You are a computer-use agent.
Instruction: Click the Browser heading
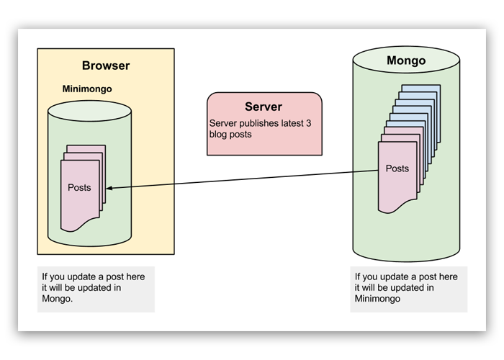click(106, 66)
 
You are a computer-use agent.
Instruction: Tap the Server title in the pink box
click(263, 107)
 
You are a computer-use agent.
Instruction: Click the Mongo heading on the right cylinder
click(406, 60)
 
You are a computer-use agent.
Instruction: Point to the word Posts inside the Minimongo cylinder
click(79, 187)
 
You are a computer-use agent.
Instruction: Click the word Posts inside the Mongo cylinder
click(397, 168)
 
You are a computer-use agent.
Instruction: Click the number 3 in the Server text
click(308, 123)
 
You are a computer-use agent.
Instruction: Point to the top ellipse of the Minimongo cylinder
click(90, 111)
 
